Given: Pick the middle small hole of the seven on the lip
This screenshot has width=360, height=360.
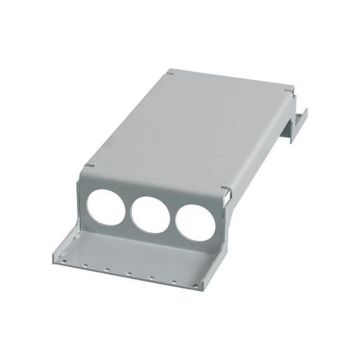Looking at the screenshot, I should (129, 274).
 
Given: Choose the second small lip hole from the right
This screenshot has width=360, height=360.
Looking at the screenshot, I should (175, 281).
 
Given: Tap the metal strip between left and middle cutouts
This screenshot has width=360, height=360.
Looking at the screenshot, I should (125, 209).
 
